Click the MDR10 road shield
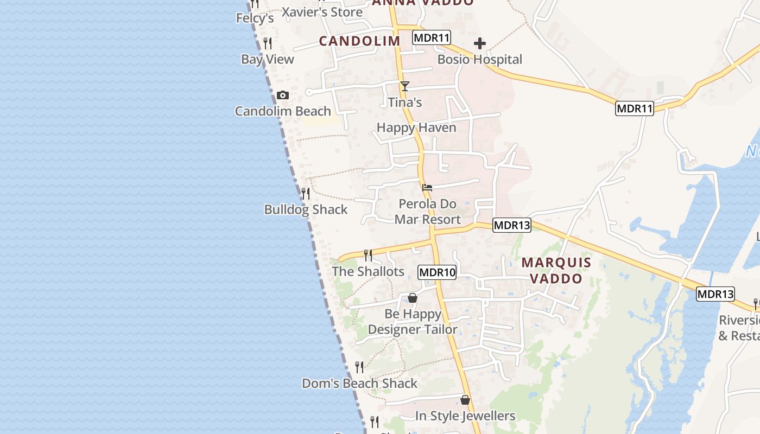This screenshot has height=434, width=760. click(437, 272)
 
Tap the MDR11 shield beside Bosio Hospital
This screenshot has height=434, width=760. click(432, 38)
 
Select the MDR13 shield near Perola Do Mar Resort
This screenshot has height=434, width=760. click(512, 225)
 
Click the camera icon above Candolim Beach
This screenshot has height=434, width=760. click(282, 95)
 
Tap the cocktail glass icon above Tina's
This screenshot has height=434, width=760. click(404, 86)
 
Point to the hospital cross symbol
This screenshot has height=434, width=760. click(480, 43)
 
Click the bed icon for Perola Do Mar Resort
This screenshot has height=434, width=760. click(427, 188)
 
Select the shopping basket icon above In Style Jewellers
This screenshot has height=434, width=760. click(465, 400)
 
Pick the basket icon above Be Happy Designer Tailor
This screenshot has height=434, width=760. click(413, 298)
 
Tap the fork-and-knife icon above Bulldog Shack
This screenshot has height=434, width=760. click(306, 193)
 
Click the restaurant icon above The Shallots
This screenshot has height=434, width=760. click(368, 255)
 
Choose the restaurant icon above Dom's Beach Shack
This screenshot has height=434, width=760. click(359, 367)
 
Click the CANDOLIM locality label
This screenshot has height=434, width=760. click(359, 41)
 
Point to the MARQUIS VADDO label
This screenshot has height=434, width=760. click(556, 270)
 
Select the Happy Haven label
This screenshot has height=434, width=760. click(416, 127)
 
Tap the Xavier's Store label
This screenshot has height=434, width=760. click(322, 12)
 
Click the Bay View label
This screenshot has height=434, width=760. click(268, 59)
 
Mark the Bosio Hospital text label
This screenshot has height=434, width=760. click(480, 59)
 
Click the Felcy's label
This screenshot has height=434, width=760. click(255, 18)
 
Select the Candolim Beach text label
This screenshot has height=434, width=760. click(283, 111)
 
